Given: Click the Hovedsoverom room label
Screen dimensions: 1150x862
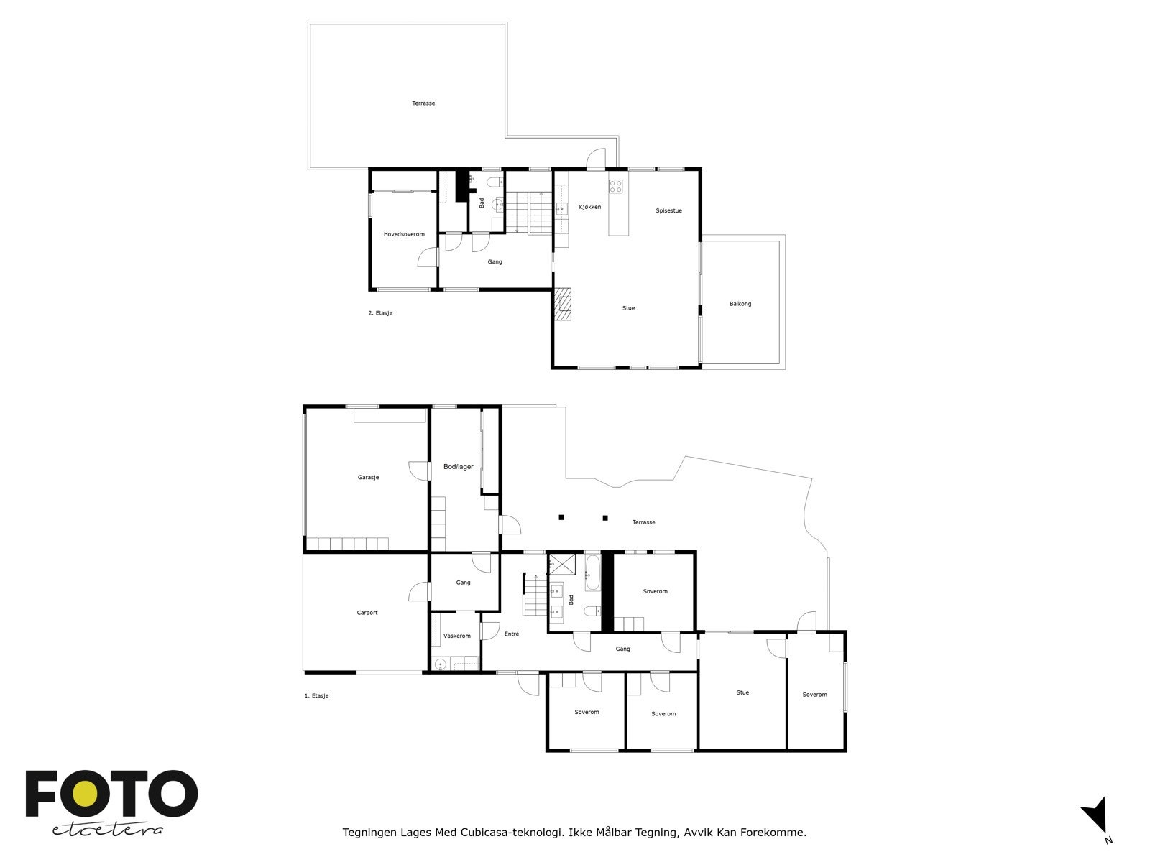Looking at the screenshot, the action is [x=404, y=234].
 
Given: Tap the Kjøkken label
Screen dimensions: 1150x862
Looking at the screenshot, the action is [x=589, y=207].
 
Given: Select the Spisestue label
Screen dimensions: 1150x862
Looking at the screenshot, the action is [x=668, y=210].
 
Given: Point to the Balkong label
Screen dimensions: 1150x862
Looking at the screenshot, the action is [x=740, y=304].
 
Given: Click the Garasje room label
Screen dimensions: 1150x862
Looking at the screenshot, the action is [x=368, y=477].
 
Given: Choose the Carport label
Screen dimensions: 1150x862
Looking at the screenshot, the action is [x=367, y=612].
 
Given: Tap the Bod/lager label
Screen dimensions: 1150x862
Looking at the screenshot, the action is [x=458, y=467].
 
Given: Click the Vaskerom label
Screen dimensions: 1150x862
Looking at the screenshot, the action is [x=457, y=636].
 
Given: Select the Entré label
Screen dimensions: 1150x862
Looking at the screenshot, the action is [x=511, y=634].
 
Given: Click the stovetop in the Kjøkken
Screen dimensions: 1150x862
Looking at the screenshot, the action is [x=615, y=186].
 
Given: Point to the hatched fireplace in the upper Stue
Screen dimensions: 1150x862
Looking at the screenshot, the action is [x=563, y=304].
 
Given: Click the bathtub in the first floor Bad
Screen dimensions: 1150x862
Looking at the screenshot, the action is [x=592, y=572].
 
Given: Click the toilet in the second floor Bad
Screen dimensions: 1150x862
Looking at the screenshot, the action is [x=494, y=182].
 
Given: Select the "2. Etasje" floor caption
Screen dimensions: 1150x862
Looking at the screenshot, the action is [x=379, y=313].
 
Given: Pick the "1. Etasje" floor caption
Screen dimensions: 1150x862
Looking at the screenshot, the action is [x=316, y=695].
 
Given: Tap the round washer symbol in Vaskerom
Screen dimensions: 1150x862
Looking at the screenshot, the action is [x=440, y=664].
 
